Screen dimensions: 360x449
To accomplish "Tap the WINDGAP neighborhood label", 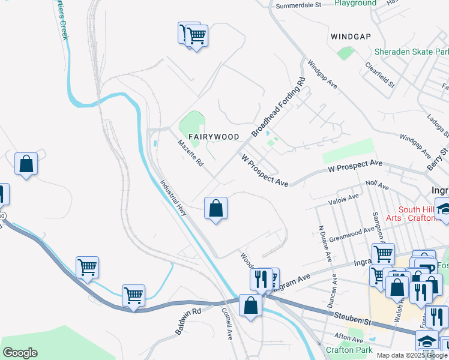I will pyautogui.click(x=350, y=37).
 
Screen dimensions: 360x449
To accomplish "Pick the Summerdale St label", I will pyautogui.click(x=299, y=5).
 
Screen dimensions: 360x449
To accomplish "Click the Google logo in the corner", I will pyautogui.click(x=20, y=353).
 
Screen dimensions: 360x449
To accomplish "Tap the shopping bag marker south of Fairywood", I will pyautogui.click(x=216, y=209).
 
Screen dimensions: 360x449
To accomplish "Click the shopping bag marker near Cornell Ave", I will pyautogui.click(x=250, y=305).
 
